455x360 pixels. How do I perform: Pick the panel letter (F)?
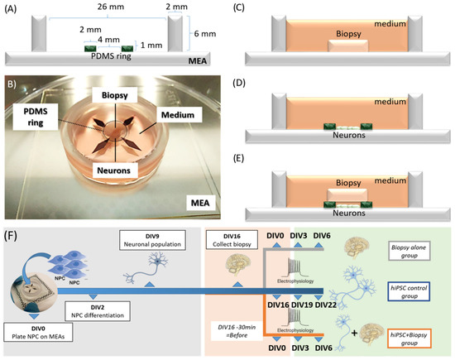pos(16,223)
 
